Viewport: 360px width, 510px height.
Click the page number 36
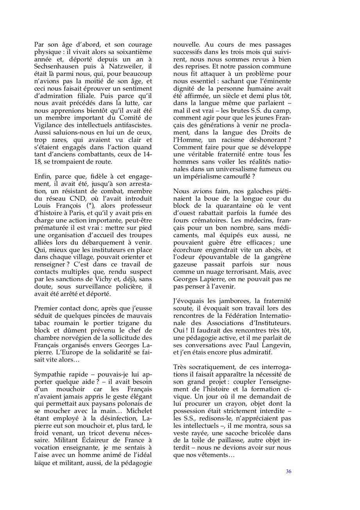pos(288,471)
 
